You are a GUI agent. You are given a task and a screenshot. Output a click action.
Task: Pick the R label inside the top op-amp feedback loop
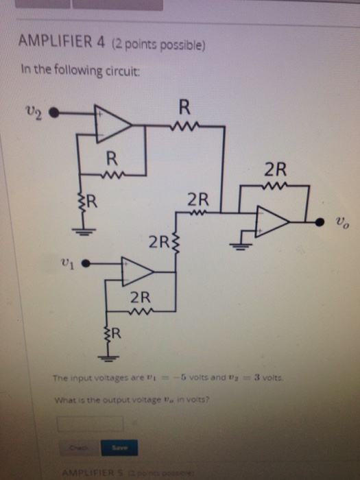click(110, 160)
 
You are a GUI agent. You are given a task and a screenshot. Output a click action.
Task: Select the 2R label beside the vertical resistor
click(160, 241)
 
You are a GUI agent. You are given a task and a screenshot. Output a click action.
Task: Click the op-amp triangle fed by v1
click(136, 271)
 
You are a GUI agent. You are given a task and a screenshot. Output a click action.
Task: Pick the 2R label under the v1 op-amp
click(140, 298)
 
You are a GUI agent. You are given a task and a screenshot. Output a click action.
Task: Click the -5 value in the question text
click(205, 379)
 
